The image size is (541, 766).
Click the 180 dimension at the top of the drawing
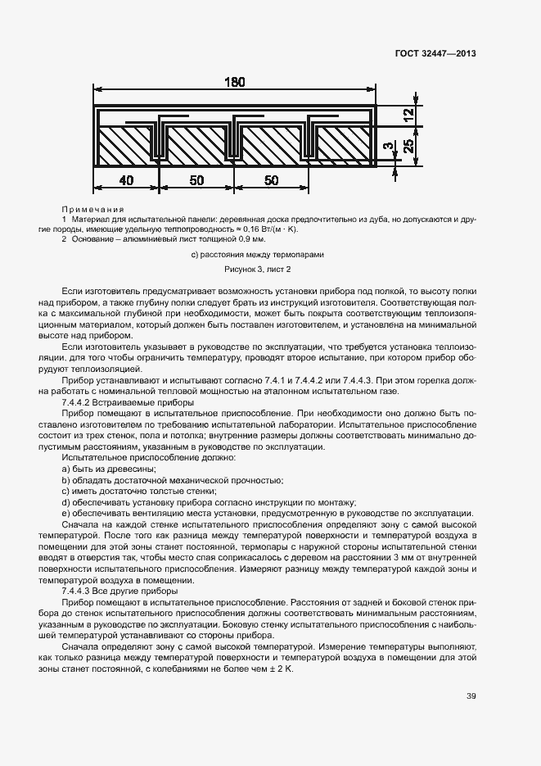pos(234,82)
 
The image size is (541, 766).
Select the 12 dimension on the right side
pos(408,116)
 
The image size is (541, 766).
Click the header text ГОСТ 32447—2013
pos(435,54)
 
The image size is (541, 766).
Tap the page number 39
pos(471,697)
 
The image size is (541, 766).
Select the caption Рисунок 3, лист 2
pos(258,269)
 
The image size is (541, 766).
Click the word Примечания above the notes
pos(92,210)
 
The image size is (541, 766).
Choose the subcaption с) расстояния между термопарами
pos(258,255)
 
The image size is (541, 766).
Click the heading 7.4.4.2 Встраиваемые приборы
pos(127,403)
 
